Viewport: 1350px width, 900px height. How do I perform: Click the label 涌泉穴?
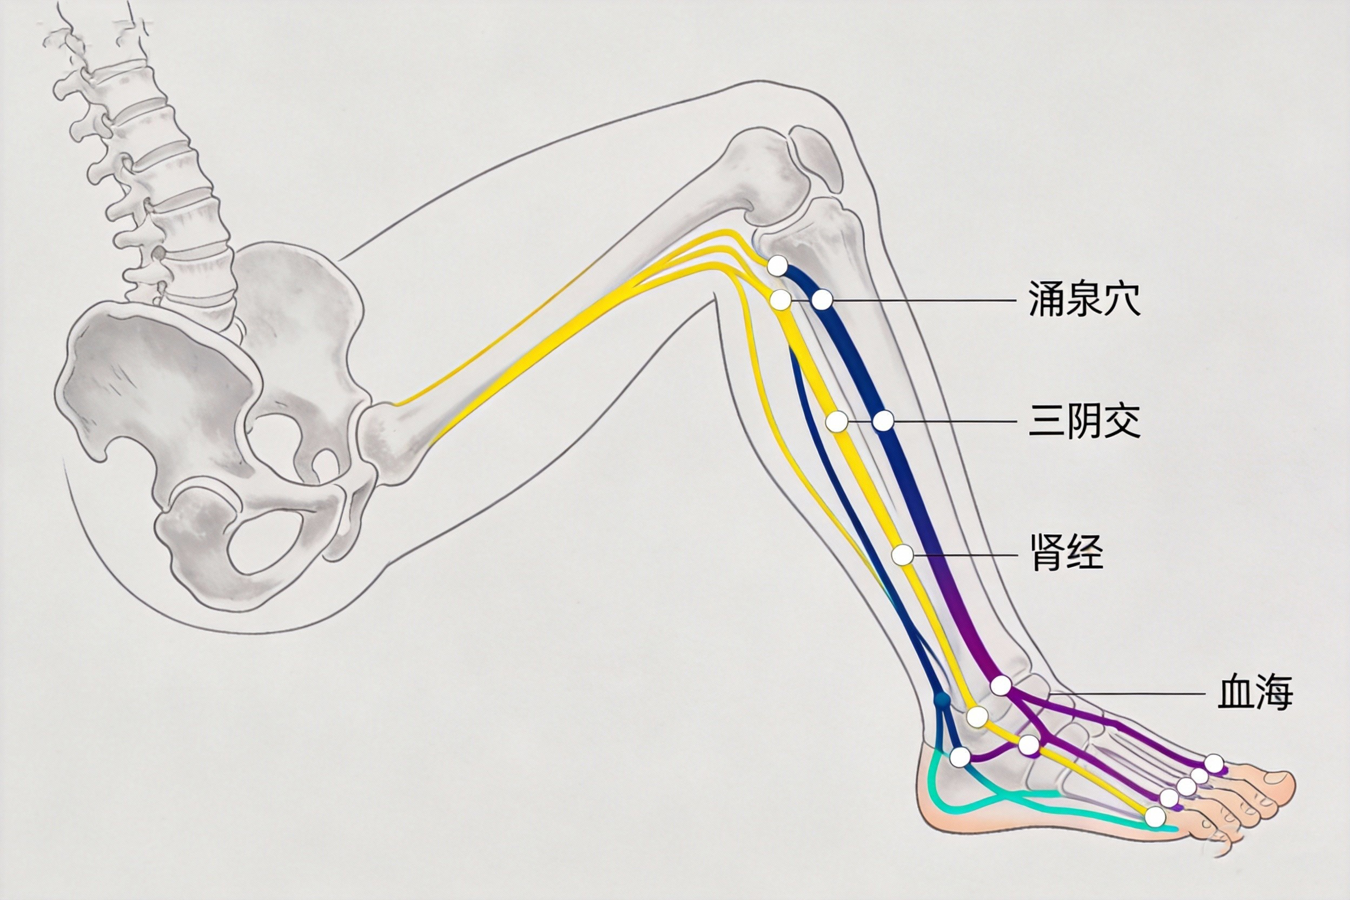[x=1084, y=299]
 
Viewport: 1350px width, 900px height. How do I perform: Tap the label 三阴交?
[x=1084, y=421]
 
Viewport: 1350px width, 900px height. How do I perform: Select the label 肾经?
[x=1067, y=553]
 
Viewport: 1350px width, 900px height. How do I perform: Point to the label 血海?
[x=1255, y=693]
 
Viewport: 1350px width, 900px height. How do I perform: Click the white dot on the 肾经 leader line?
[x=902, y=555]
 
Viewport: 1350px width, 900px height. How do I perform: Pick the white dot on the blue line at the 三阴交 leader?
[x=883, y=421]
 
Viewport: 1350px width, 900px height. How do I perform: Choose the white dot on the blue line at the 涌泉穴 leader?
[x=822, y=299]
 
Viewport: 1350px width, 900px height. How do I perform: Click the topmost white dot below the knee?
[x=777, y=266]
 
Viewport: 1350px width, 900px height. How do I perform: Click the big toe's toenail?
[x=1276, y=778]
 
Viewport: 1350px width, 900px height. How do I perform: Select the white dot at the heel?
[x=959, y=757]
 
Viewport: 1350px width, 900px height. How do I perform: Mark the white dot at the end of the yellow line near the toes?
[x=1155, y=816]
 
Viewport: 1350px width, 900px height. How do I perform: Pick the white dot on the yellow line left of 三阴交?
[x=836, y=422]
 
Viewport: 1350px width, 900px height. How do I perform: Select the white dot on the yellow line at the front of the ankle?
[x=977, y=716]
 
